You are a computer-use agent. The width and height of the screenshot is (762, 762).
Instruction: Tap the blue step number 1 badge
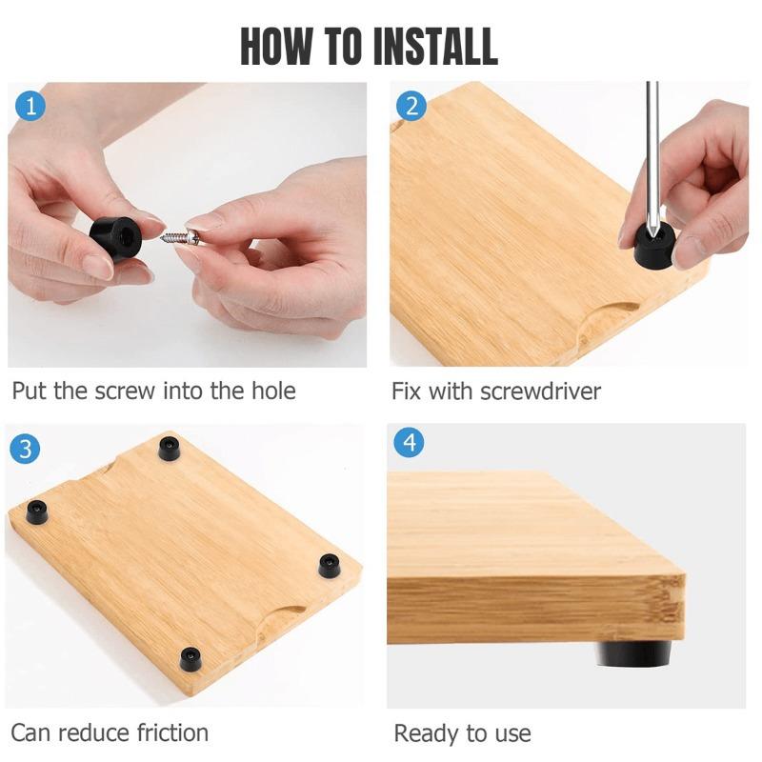pyautogui.click(x=30, y=106)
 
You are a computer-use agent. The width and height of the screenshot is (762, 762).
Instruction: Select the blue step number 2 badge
pyautogui.click(x=411, y=106)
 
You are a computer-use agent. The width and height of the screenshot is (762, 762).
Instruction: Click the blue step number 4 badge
pyautogui.click(x=410, y=443)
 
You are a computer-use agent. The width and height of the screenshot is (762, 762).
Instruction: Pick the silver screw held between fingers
pyautogui.click(x=180, y=237)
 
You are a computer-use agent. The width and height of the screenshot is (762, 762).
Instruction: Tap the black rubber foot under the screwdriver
pyautogui.click(x=652, y=246)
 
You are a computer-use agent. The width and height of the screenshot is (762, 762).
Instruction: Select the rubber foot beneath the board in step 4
pyautogui.click(x=633, y=652)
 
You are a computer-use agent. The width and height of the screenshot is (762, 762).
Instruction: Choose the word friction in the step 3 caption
pyautogui.click(x=172, y=732)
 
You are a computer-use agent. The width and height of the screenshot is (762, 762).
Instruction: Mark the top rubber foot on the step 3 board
pyautogui.click(x=169, y=448)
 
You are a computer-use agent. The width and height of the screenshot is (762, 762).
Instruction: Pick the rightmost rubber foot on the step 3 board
pyautogui.click(x=329, y=565)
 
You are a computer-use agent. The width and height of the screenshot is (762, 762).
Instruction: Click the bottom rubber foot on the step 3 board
pyautogui.click(x=190, y=658)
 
